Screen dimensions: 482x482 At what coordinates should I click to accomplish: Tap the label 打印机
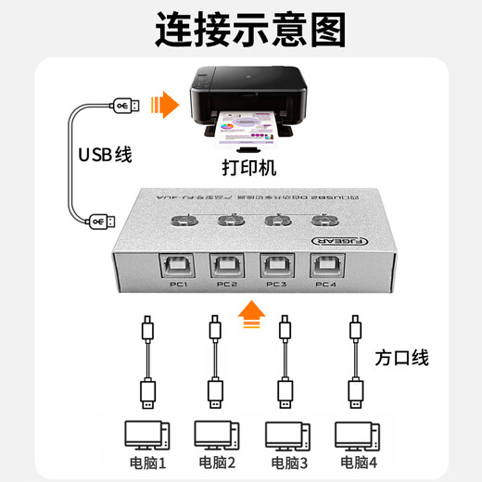pyautogui.click(x=247, y=171)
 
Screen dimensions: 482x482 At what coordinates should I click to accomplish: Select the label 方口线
pyautogui.click(x=404, y=357)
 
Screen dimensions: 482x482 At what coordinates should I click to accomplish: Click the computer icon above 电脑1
pyautogui.click(x=146, y=435)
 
